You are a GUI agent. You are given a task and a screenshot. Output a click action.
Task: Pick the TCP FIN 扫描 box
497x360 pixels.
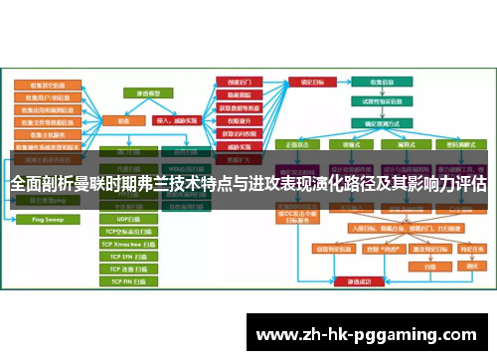tap(129, 282)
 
